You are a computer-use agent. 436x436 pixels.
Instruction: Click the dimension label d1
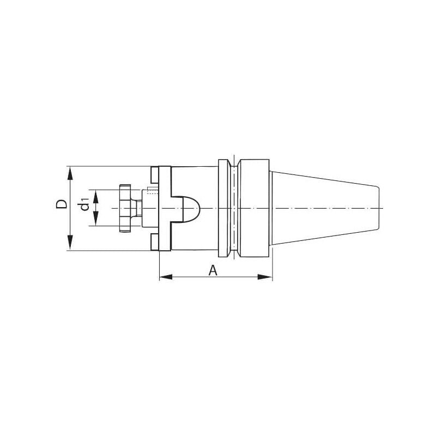coord(84,204)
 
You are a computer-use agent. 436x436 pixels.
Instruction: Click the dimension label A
coord(213,270)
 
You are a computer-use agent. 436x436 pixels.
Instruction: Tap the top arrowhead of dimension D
coord(70,174)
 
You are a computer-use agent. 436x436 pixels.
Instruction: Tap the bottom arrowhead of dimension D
coord(70,243)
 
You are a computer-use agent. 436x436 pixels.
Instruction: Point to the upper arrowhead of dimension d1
coord(96,197)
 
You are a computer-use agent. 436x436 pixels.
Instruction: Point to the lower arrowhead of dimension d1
coord(96,219)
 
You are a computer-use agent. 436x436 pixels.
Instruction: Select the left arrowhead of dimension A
coord(166,277)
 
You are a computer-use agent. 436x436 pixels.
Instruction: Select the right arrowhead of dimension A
coord(265,277)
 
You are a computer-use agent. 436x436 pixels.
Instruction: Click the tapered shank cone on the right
coord(325,208)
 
